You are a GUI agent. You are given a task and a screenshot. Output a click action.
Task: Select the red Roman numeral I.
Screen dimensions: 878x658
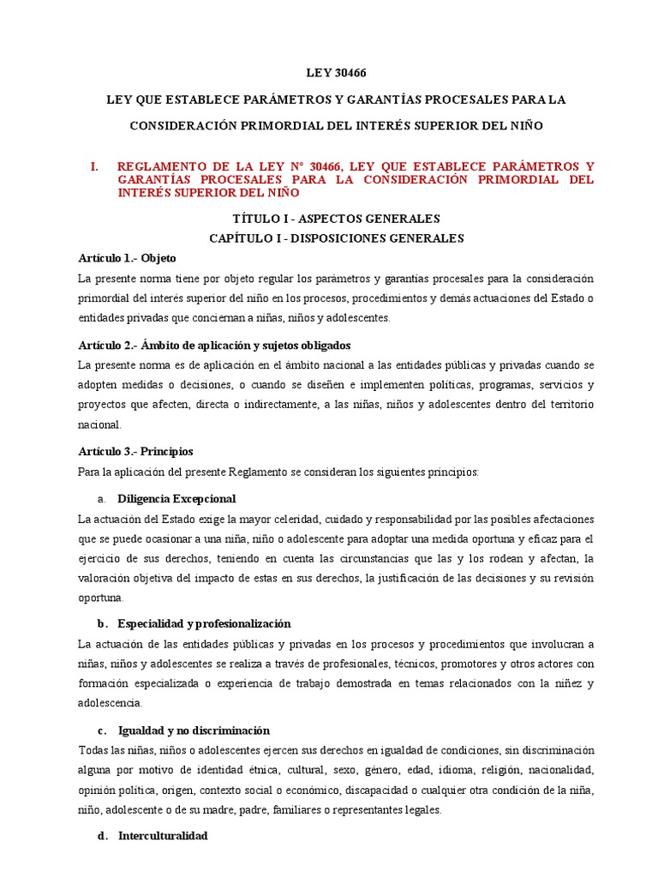95,166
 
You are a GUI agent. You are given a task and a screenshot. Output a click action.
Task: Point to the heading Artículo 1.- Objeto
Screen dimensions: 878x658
127,258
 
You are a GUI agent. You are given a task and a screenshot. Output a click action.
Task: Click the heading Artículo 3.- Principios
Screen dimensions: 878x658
135,451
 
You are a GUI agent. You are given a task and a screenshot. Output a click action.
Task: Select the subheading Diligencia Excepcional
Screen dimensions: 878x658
176,499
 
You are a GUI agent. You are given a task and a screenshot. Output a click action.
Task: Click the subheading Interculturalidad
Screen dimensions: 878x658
163,835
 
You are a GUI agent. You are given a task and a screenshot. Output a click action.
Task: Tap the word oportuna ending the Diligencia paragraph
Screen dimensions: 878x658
100,598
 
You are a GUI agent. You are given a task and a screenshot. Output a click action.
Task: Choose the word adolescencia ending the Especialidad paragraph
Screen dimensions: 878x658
109,703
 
